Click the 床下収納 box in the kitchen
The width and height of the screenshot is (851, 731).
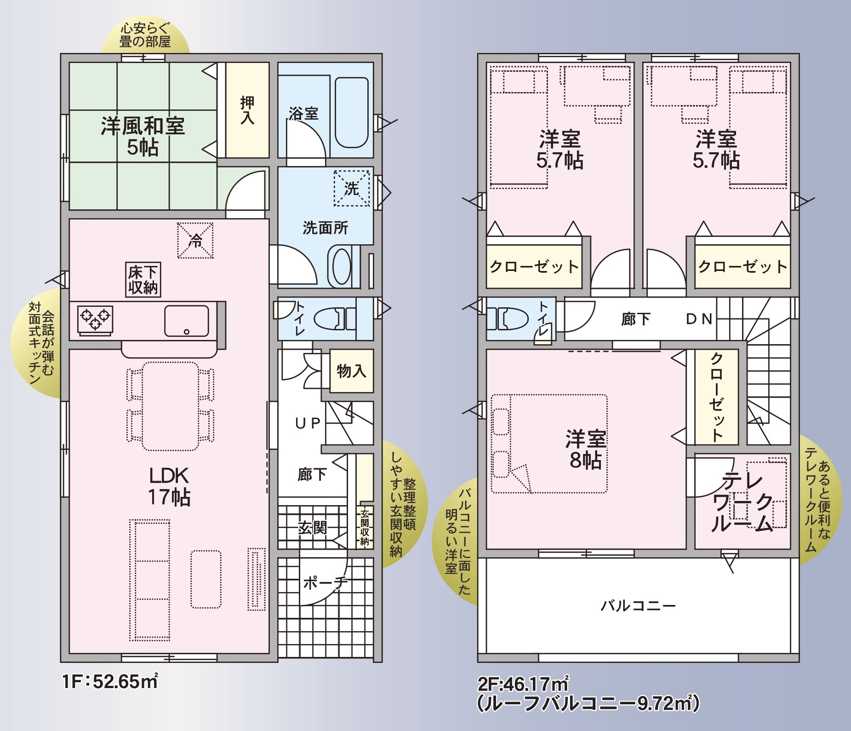coord(143,280)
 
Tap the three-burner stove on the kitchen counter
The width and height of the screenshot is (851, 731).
coord(95,318)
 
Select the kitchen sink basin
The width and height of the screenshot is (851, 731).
coord(186,321)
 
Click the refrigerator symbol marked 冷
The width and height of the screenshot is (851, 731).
coord(195,241)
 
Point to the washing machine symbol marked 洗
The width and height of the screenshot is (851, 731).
coord(352,188)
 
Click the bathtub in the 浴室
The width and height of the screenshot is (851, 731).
coord(352,112)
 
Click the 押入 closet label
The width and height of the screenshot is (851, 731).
coord(247,110)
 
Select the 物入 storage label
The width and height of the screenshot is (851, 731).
coord(352,370)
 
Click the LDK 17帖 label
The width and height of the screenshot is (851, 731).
coord(169,486)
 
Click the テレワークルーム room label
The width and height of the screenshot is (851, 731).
coord(742,502)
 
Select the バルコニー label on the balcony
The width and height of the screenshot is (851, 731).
coord(638,605)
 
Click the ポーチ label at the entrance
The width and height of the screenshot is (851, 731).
coord(326,583)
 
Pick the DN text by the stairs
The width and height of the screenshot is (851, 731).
coord(699,319)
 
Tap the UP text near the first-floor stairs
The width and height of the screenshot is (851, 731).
coord(308,423)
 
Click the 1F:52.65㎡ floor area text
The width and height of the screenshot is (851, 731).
coord(110,681)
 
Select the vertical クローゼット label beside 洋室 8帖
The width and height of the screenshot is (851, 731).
coord(716,397)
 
